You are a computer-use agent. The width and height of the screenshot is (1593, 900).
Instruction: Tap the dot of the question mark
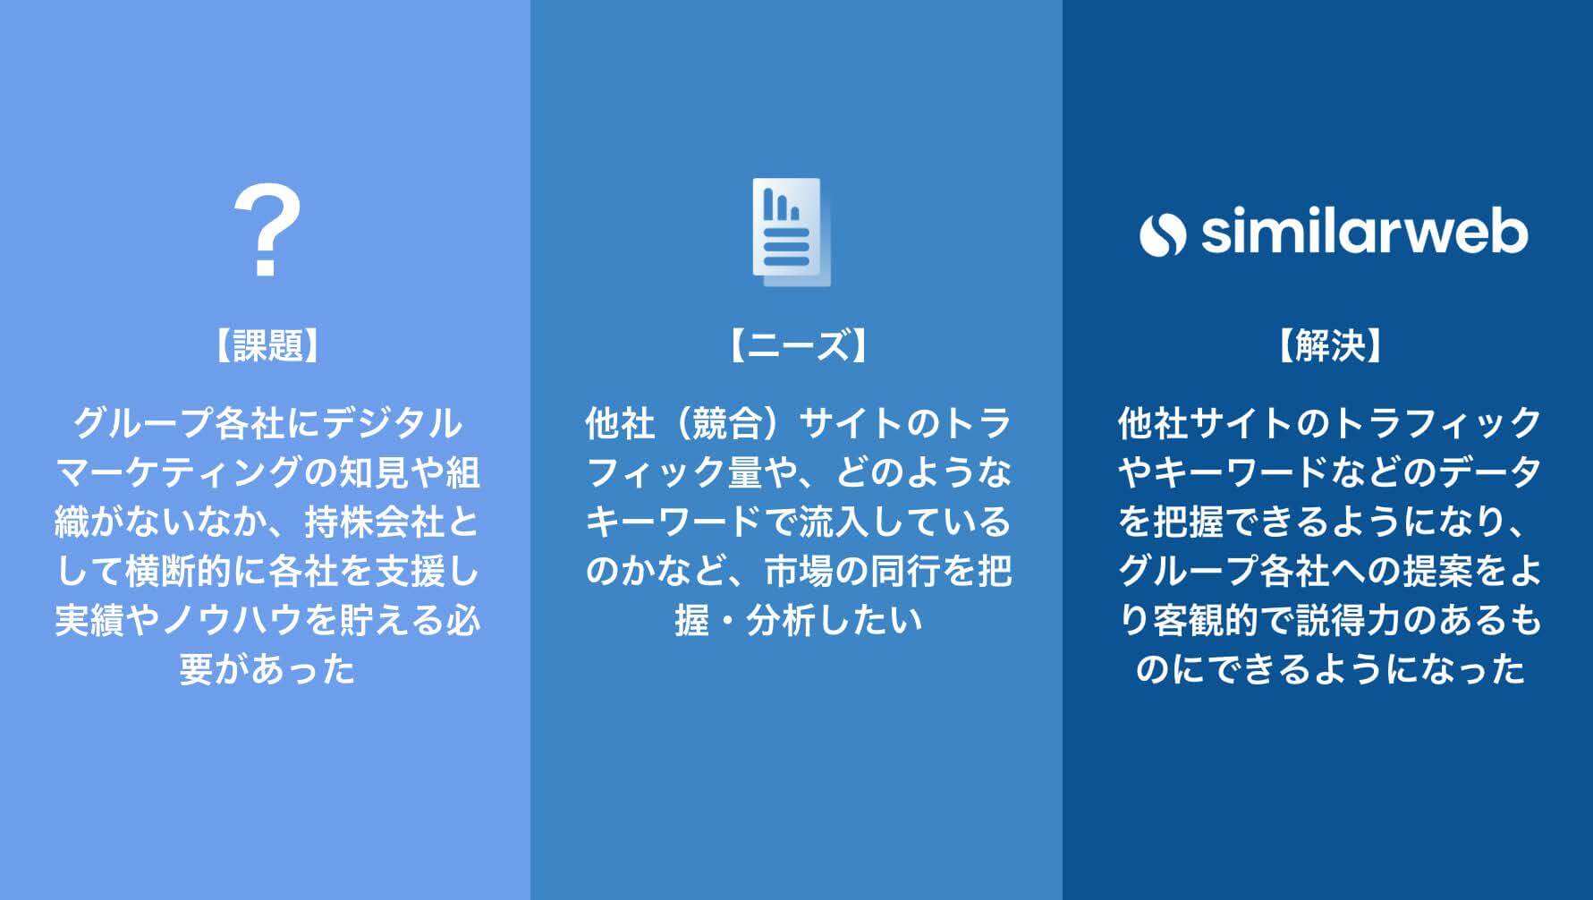pyautogui.click(x=266, y=267)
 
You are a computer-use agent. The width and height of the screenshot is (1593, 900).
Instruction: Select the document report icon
pyautogui.click(x=791, y=232)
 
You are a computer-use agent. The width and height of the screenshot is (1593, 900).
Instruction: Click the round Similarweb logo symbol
pyautogui.click(x=1163, y=234)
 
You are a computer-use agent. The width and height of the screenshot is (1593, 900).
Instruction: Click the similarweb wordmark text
pyautogui.click(x=1364, y=233)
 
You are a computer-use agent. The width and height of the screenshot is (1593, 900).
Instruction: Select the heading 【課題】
pyautogui.click(x=267, y=345)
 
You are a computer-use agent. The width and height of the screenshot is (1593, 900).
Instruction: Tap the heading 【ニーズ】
pyautogui.click(x=798, y=345)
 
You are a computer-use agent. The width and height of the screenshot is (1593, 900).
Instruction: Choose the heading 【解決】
pyautogui.click(x=1330, y=345)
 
